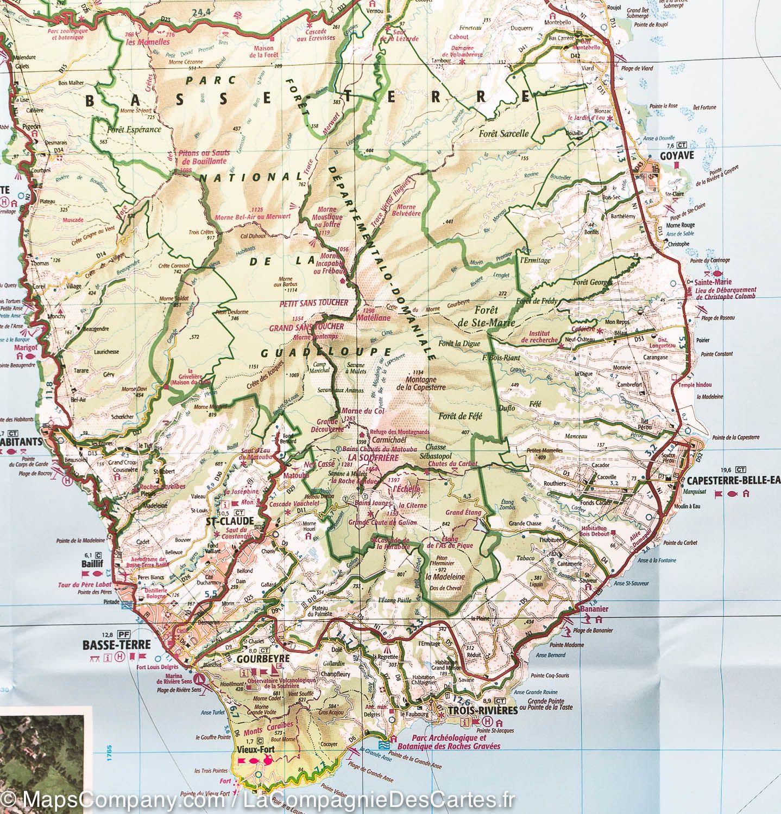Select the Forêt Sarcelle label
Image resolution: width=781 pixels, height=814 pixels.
503,133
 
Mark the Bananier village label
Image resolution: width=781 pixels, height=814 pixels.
593,609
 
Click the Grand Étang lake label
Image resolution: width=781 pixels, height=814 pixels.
462,512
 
